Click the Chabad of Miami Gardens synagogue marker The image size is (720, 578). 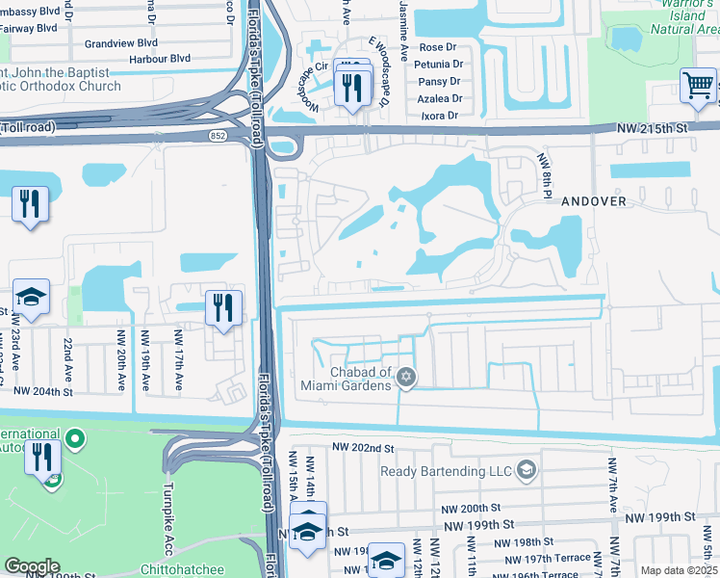coord(406,377)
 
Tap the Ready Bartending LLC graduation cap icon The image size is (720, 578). coord(526,470)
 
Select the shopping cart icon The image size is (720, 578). coord(696,85)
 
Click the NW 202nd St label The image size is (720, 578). coord(364,448)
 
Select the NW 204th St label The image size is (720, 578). coord(43,391)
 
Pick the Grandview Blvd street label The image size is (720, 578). coord(120,43)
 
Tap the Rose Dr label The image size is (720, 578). coord(437,47)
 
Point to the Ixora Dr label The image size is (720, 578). coord(439,116)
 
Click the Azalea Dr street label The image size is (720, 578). coord(440,98)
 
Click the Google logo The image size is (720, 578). coord(32,566)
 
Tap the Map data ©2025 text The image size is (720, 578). coord(678,570)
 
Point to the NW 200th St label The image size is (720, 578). coord(469,508)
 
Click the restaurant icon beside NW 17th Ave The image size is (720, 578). coord(222,308)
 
